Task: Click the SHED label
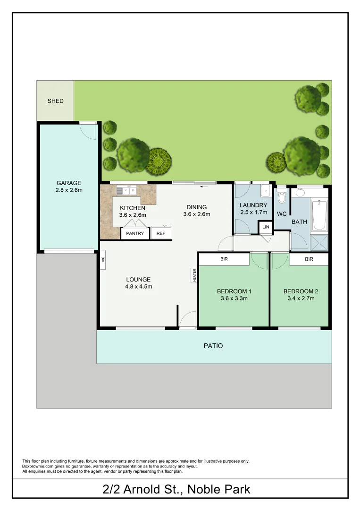[x=55, y=101]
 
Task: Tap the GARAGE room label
[x=69, y=183]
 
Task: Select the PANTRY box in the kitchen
[x=135, y=233]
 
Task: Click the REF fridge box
[x=161, y=233]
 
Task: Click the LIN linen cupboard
[x=266, y=228]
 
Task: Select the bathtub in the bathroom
[x=319, y=215]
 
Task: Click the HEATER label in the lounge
[x=194, y=275]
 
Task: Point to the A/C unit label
[x=102, y=259]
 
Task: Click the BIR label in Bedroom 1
[x=224, y=259]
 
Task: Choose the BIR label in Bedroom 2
[x=309, y=259]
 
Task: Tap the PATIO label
[x=213, y=346]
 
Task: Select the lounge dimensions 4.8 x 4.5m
[x=138, y=287]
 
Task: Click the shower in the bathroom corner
[x=319, y=242]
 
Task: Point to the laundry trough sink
[x=265, y=191]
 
